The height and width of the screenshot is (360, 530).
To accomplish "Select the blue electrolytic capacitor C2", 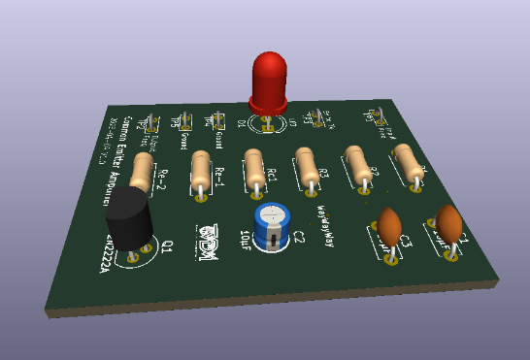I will coord(272,224).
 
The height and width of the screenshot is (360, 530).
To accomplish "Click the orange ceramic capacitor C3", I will coord(389,229).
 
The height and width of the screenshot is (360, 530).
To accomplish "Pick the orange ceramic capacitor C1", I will coord(448,224).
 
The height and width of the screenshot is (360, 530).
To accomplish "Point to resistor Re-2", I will coord(144,176).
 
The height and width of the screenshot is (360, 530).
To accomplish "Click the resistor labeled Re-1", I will coord(201,174).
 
